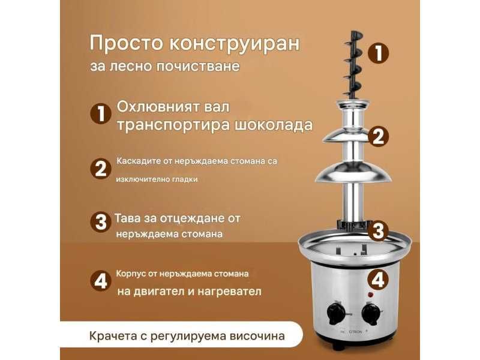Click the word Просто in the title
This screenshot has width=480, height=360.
pyautogui.click(x=117, y=43)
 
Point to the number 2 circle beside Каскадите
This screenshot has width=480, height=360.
pyautogui.click(x=100, y=169)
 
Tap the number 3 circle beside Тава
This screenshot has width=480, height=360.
pyautogui.click(x=100, y=223)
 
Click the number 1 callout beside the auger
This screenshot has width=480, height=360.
pyautogui.click(x=378, y=53)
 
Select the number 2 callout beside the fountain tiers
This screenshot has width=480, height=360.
pyautogui.click(x=378, y=137)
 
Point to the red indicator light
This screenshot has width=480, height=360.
pyautogui.click(x=370, y=295)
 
